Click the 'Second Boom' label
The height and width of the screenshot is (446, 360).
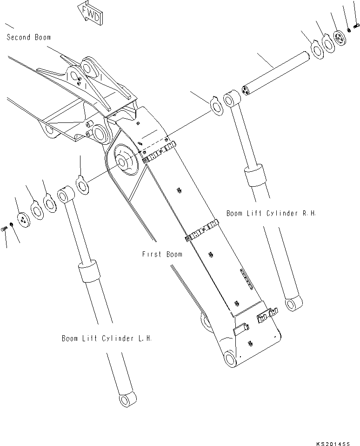click(x=29, y=37)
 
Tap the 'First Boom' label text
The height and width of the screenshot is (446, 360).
click(x=162, y=254)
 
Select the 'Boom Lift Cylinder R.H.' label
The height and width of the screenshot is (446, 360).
click(x=271, y=213)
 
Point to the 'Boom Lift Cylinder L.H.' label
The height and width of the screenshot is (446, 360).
click(x=107, y=338)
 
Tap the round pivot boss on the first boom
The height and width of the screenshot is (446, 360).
click(x=124, y=161)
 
